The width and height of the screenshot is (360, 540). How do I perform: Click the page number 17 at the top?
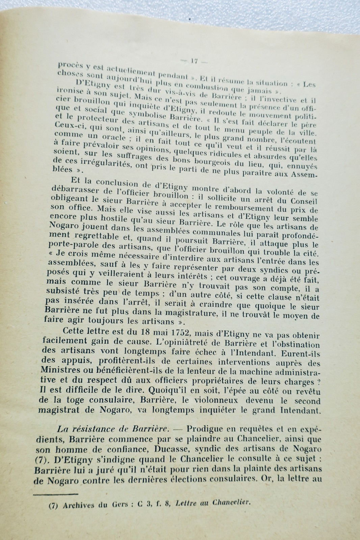pyautogui.click(x=194, y=61)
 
